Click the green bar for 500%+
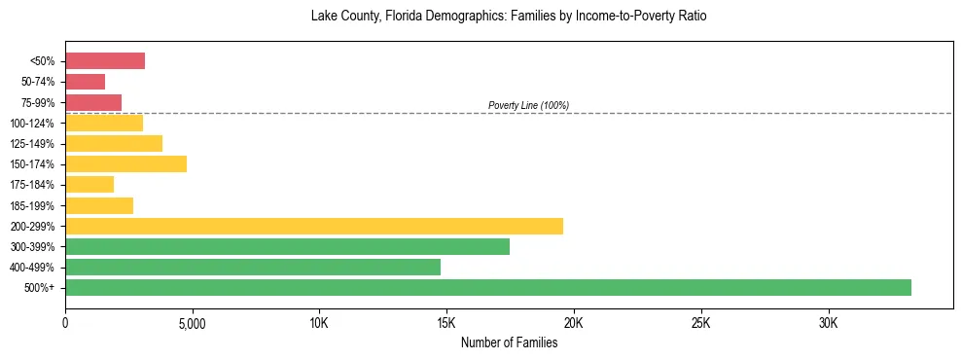coord(488,287)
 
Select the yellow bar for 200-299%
coord(314,226)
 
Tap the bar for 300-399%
coord(287,247)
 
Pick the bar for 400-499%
coord(253,267)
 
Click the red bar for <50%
coord(105,61)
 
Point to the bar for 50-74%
coord(85,82)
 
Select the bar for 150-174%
coord(125,164)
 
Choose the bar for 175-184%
coord(89,185)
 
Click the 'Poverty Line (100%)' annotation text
coord(528,105)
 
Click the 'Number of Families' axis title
coord(509,342)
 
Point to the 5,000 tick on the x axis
coord(193,322)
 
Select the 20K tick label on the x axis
coord(574,322)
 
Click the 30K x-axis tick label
coord(828,322)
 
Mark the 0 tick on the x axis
coord(65,322)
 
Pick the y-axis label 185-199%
coord(36,206)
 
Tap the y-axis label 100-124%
coord(36,124)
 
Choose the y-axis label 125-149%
coord(36,144)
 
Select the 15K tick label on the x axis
coord(446,322)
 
